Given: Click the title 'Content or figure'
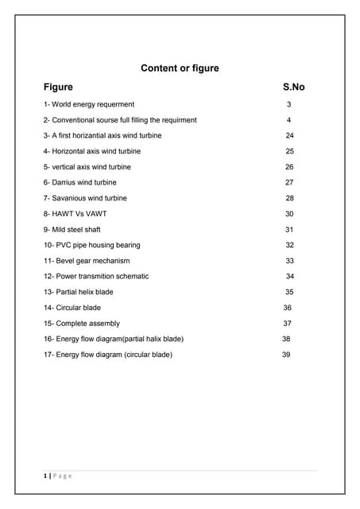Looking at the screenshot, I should click(180, 68).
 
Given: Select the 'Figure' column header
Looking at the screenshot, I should click(58, 87).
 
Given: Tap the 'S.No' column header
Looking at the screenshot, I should click(293, 87).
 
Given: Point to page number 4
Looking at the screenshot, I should click(289, 120).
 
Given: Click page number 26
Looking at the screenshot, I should click(289, 167).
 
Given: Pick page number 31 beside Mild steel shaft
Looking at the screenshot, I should click(289, 230).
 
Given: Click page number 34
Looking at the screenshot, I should click(290, 276).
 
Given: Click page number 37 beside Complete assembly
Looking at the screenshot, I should click(288, 324).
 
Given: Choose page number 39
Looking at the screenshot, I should click(286, 355).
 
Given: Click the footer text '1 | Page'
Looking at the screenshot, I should click(57, 476).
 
